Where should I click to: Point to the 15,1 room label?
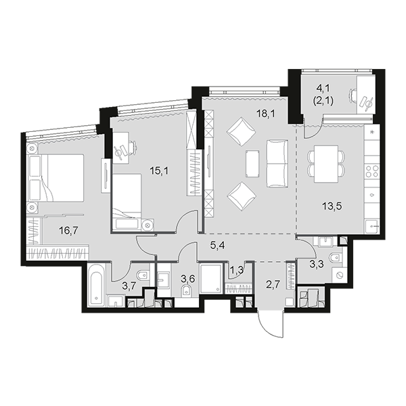point(159,171)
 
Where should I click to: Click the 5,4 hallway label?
point(217,245)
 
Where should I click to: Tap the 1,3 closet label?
point(236,270)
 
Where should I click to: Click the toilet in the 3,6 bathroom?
point(187,291)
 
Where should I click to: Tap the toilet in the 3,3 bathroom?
point(336,258)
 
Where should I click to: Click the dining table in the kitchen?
point(326,164)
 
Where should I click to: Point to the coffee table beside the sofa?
point(252,164)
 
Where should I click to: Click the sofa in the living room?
point(277,164)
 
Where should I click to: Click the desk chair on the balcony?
point(353,95)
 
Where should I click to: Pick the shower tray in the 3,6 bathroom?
point(210,279)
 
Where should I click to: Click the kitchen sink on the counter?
point(371,227)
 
